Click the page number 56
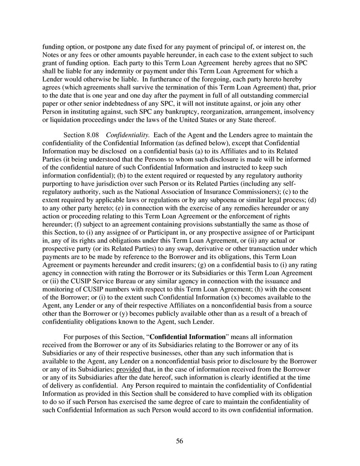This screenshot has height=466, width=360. pos(179,441)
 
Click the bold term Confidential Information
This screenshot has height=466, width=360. pos(187,337)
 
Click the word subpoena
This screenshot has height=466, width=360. pos(231,200)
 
